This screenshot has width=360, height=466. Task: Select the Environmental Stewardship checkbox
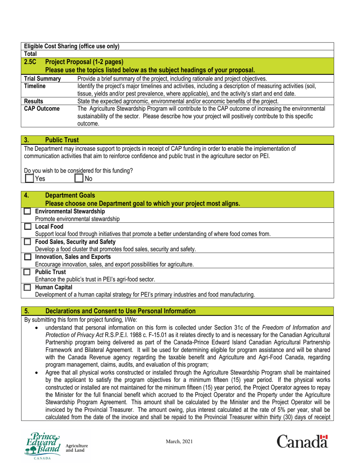(27, 211)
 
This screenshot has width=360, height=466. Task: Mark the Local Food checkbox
(27, 227)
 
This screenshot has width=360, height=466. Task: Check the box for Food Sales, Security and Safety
(27, 242)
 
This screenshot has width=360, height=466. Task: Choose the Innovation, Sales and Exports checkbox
(27, 257)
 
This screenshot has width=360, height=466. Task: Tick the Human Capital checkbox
(27, 287)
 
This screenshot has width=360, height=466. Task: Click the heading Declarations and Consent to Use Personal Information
(120, 311)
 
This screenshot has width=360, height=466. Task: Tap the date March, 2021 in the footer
(180, 442)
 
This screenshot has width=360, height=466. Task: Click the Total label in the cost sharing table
(30, 54)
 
